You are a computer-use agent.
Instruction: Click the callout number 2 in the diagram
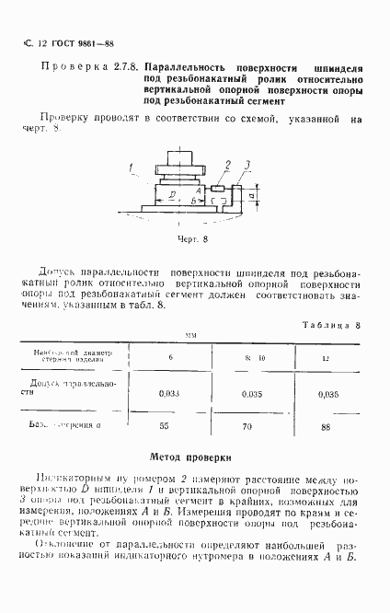click(225, 165)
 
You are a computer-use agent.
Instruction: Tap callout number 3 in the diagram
click(247, 166)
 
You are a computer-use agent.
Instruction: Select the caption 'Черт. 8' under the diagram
click(194, 237)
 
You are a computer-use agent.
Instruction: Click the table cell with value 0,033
click(168, 392)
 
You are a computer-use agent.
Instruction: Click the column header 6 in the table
click(169, 356)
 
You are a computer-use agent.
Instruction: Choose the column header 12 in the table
click(324, 356)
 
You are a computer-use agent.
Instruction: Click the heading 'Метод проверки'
click(194, 457)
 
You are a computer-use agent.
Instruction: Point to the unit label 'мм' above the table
click(190, 337)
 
